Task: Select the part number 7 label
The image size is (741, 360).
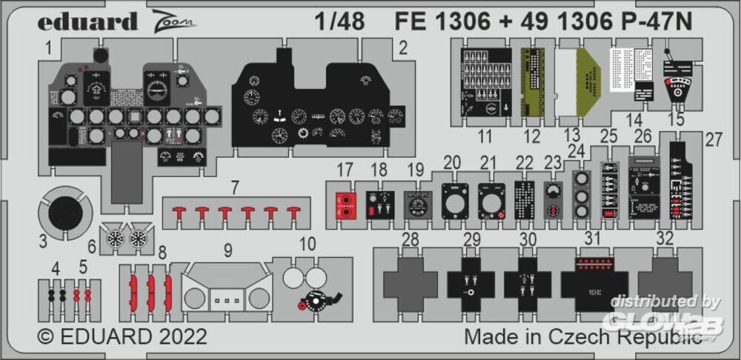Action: click(x=234, y=187)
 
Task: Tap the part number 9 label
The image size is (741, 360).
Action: click(x=228, y=250)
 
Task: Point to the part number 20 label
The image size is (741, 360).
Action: click(x=452, y=162)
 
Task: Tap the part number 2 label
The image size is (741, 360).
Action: click(x=403, y=50)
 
